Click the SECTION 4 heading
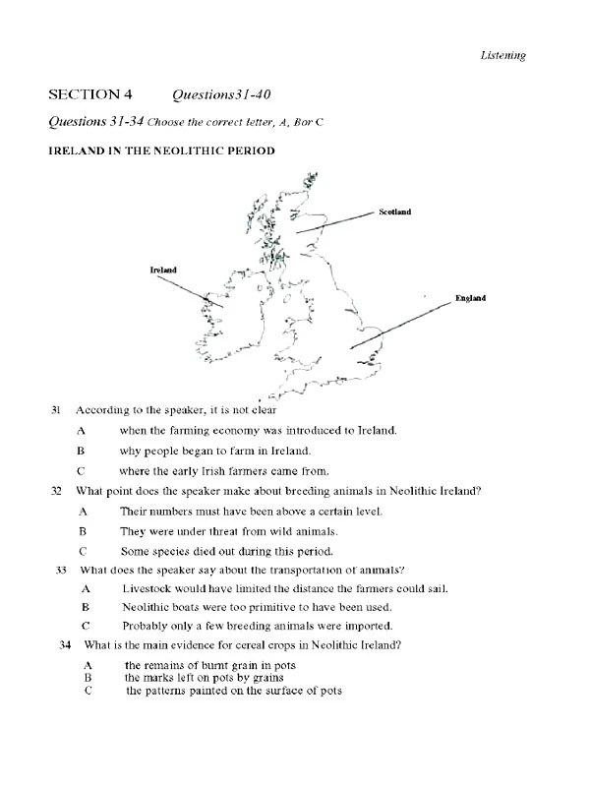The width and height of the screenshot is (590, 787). (90, 94)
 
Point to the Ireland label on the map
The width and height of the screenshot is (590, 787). (163, 269)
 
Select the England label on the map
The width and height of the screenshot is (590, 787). (470, 298)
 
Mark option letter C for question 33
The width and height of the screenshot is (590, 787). (87, 626)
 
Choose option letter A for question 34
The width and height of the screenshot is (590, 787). (88, 666)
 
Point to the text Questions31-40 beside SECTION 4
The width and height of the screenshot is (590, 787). (221, 94)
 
